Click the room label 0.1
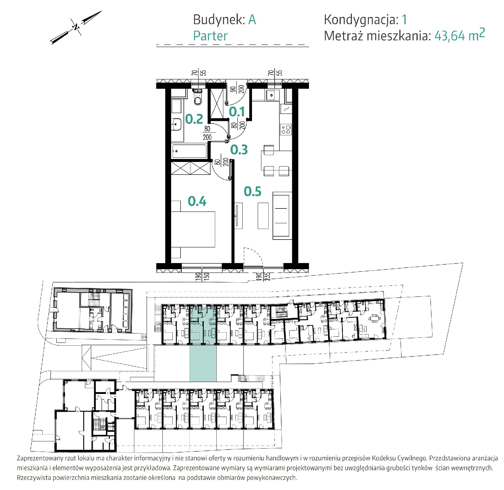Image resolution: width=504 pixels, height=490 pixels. click(237, 112)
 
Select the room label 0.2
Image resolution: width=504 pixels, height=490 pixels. click(194, 119)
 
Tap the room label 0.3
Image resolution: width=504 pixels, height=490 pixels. click(239, 150)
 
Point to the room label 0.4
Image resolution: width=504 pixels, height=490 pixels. click(197, 201)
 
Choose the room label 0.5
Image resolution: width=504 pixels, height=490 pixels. click(253, 191)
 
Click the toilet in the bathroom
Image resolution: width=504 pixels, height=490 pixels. click(198, 97)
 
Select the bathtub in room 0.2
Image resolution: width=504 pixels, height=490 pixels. click(190, 151)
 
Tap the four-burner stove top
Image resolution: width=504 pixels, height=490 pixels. click(286, 130)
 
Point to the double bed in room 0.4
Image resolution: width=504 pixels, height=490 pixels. click(193, 229)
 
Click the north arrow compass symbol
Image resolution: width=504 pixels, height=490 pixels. click(76, 27)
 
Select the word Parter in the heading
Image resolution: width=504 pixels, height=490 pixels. click(210, 36)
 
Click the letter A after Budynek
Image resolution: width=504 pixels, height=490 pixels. click(252, 20)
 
